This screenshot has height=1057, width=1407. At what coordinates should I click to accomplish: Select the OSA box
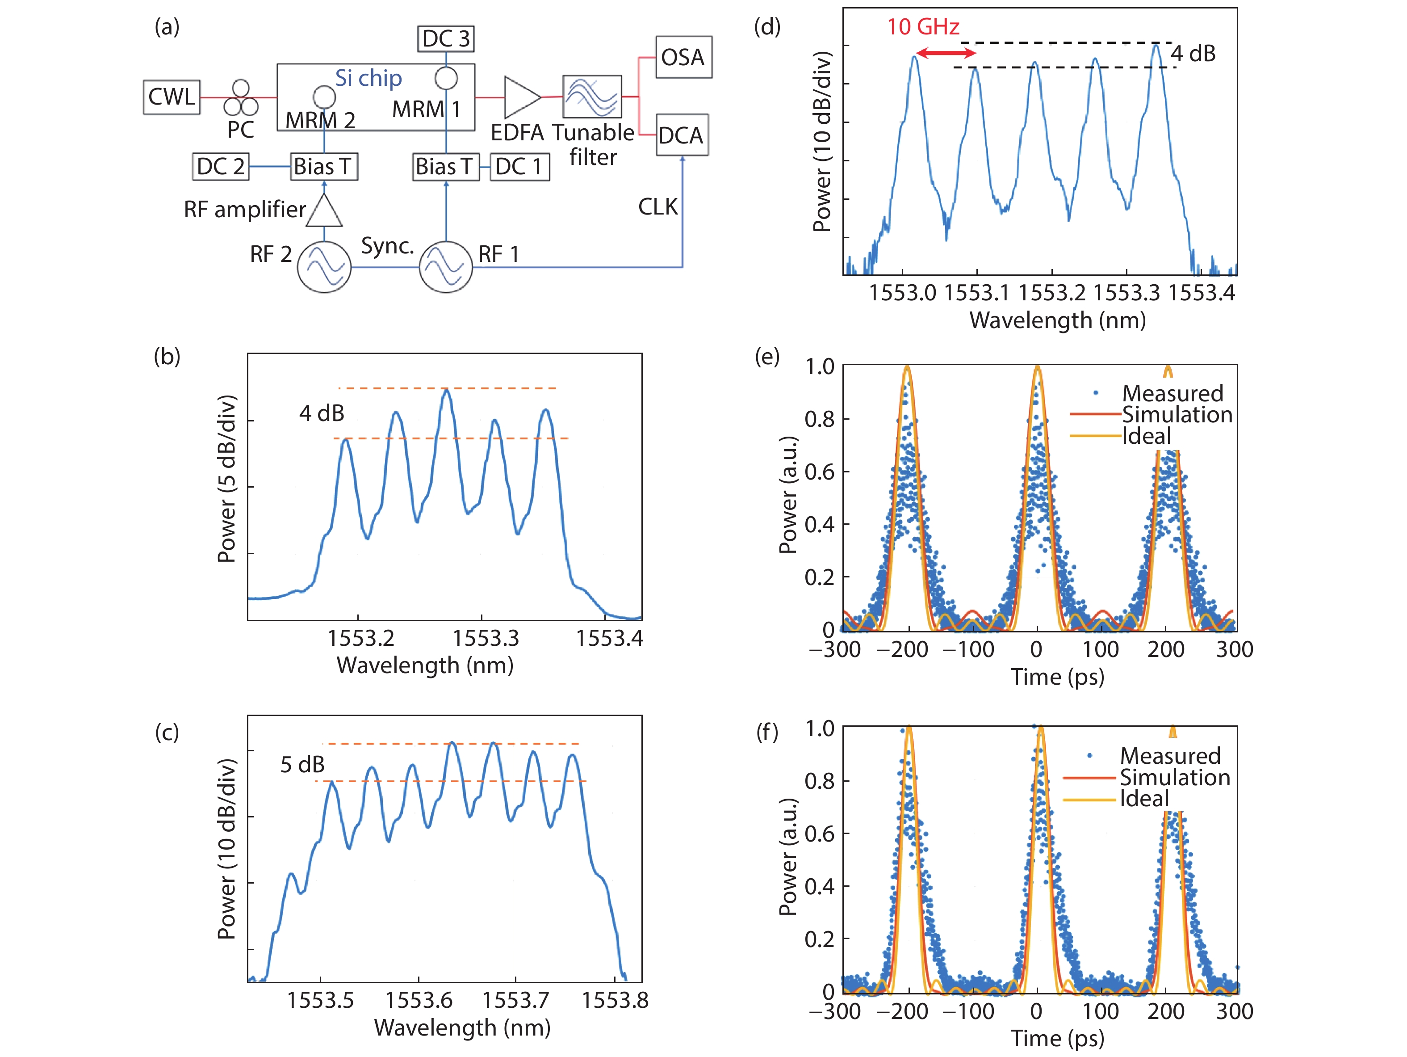[x=683, y=57]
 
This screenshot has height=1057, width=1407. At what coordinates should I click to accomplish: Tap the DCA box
[x=681, y=135]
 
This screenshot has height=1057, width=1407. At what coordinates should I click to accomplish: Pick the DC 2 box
[x=221, y=166]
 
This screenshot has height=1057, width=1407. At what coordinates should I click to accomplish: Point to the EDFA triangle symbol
[x=521, y=97]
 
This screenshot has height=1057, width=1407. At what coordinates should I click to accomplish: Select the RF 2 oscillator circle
[x=324, y=267]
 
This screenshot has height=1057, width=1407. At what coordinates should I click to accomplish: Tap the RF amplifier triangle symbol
[x=324, y=211]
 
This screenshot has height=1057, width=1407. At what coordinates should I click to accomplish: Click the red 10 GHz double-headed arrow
[x=945, y=54]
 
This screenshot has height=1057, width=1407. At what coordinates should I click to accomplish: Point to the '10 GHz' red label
[x=923, y=27]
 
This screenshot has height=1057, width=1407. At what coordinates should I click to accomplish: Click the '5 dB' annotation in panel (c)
[x=303, y=764]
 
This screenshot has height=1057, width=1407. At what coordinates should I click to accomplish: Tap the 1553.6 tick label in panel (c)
[x=419, y=1000]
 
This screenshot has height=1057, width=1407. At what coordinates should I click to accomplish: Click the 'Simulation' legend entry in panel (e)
[x=1177, y=415]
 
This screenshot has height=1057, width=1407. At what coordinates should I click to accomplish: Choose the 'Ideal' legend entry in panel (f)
[x=1144, y=799]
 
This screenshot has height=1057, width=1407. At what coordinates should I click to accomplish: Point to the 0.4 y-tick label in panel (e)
[x=819, y=524]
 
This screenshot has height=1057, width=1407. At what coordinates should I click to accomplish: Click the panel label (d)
[x=766, y=27]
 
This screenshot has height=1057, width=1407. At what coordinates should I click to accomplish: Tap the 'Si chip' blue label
[x=368, y=78]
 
